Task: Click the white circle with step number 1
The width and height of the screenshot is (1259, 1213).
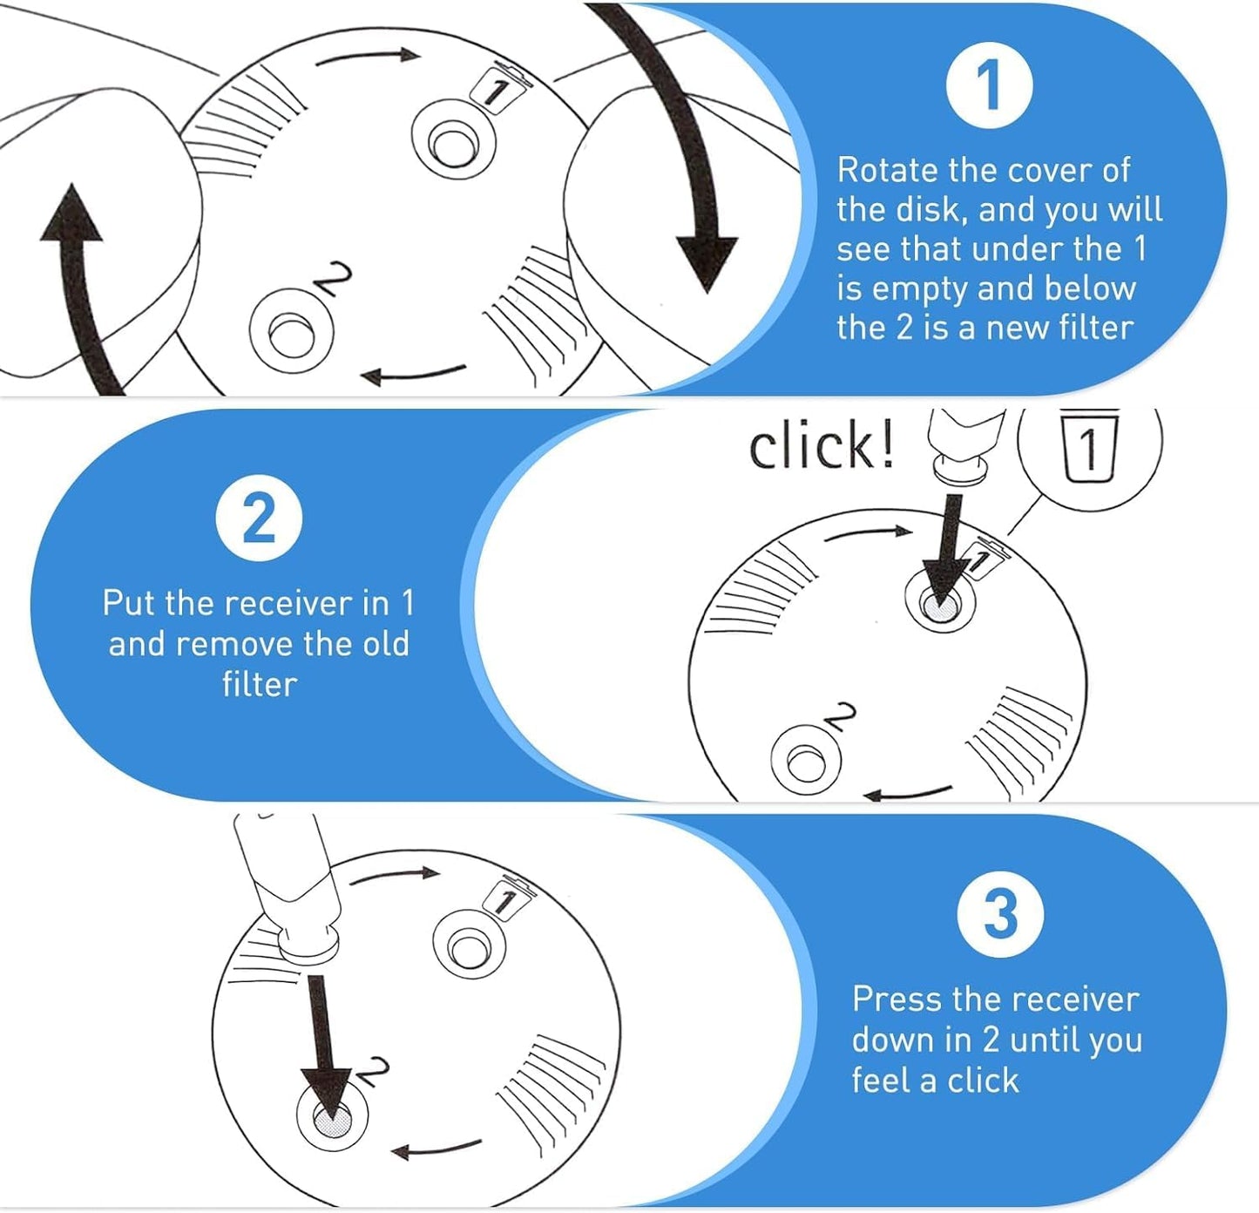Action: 989,85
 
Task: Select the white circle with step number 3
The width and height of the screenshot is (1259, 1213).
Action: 999,914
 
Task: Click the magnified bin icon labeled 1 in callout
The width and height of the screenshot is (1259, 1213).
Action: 1089,448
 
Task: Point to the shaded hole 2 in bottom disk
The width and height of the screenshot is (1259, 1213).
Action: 332,1118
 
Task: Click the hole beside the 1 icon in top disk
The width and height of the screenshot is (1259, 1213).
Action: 454,142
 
